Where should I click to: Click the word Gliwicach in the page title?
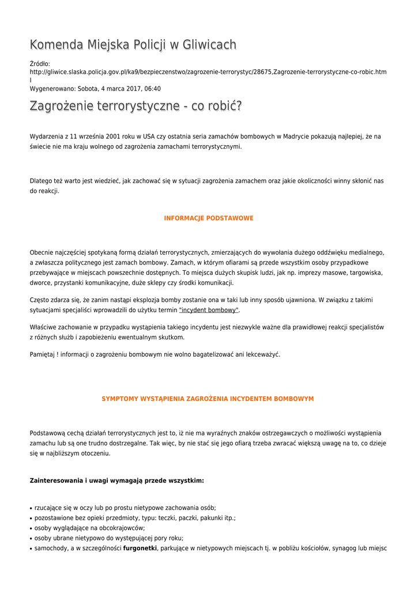click(x=208, y=45)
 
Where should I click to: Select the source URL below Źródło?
click(x=208, y=72)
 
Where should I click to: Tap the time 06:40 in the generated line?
click(x=152, y=89)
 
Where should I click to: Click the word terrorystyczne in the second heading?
click(x=130, y=107)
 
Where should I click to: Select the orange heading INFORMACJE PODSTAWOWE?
click(x=209, y=218)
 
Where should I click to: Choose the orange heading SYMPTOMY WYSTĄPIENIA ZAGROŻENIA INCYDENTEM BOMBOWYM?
click(x=208, y=399)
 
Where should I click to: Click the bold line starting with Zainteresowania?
click(x=116, y=481)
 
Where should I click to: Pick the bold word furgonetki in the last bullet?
click(x=140, y=549)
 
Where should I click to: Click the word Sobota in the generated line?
click(x=88, y=89)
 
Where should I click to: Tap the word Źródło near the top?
click(x=40, y=63)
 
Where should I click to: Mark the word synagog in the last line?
click(x=341, y=549)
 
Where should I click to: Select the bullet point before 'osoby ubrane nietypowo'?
click(x=31, y=538)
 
